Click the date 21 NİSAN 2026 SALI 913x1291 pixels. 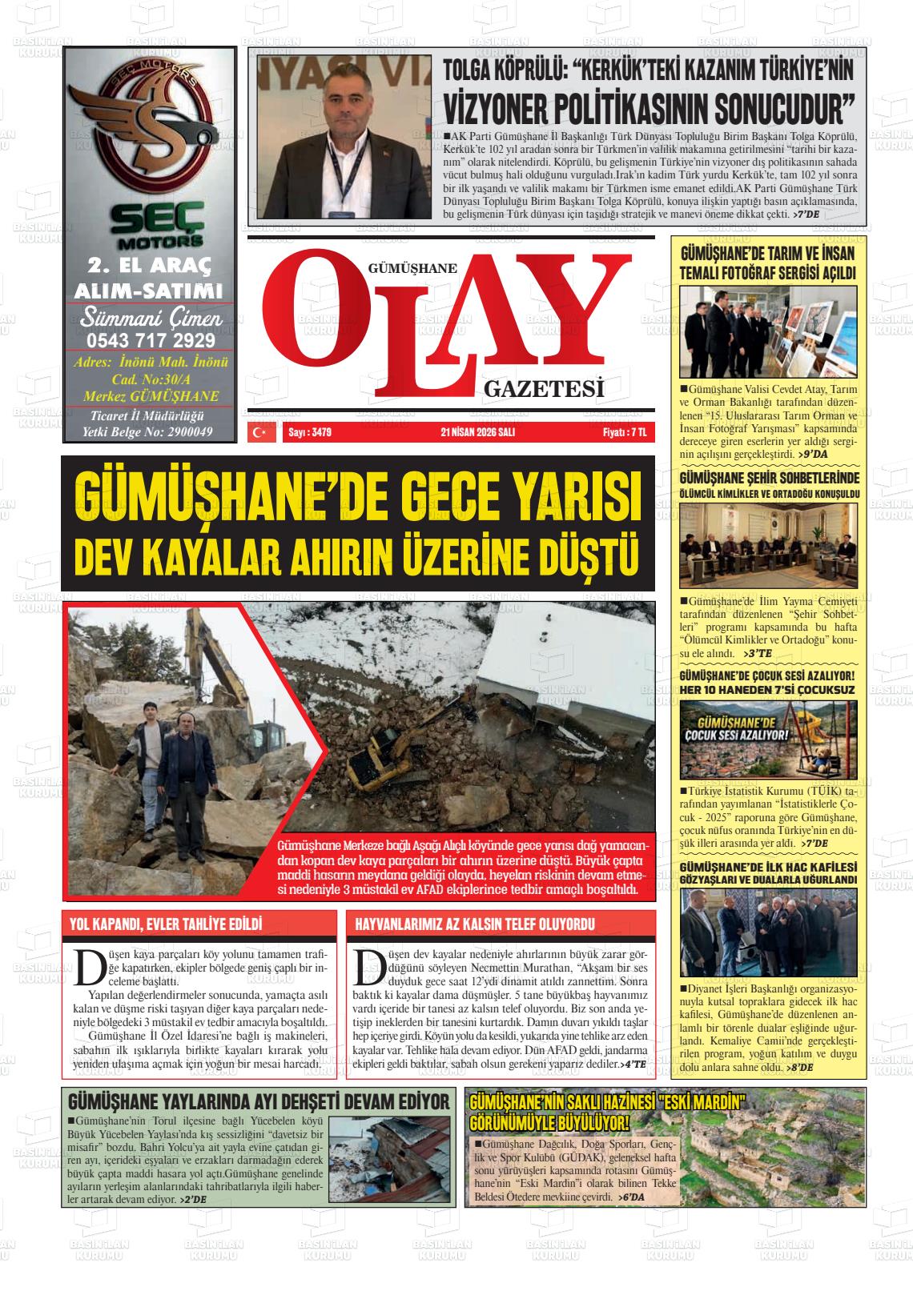(477, 432)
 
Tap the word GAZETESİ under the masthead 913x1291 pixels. (542, 390)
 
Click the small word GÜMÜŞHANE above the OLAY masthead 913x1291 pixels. (412, 270)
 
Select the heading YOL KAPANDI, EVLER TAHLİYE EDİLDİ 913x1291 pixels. (167, 924)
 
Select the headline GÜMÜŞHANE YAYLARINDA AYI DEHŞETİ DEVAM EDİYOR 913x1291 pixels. (259, 1101)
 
